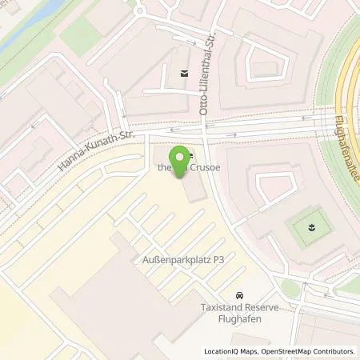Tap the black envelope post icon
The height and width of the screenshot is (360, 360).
(185, 74)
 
